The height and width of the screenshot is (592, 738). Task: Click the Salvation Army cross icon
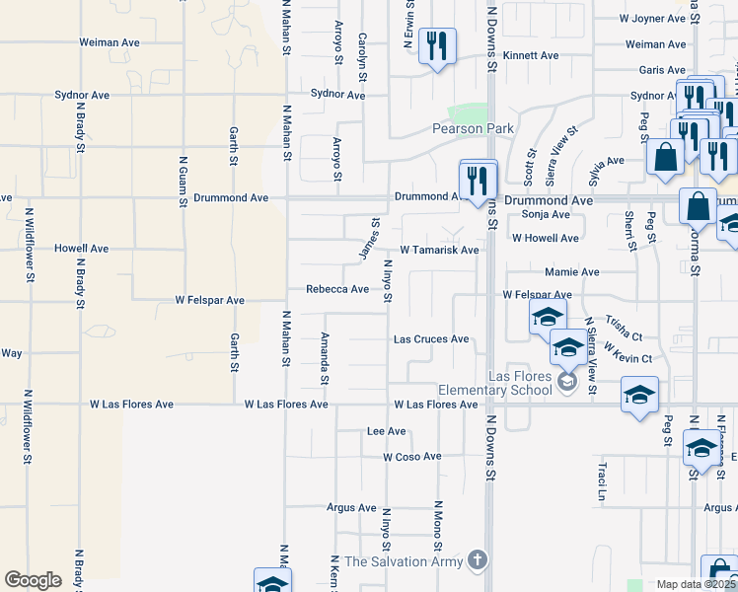pyautogui.click(x=478, y=560)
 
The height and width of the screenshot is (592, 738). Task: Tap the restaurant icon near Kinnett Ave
pyautogui.click(x=436, y=45)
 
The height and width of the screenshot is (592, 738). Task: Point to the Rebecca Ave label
pyautogui.click(x=336, y=289)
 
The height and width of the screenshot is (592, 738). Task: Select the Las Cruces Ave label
pyautogui.click(x=431, y=339)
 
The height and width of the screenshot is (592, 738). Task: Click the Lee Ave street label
pyautogui.click(x=386, y=431)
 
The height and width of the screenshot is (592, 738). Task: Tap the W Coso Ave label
pyautogui.click(x=412, y=457)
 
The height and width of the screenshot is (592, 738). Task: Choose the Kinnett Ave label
pyautogui.click(x=531, y=56)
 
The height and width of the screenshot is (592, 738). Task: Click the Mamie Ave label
pyautogui.click(x=571, y=271)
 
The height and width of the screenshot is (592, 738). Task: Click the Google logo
pyautogui.click(x=33, y=580)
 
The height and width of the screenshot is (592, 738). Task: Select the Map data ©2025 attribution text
pyautogui.click(x=695, y=584)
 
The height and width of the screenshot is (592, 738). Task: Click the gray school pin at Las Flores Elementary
pyautogui.click(x=567, y=382)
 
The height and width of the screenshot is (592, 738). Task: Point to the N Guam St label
pyautogui.click(x=183, y=182)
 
